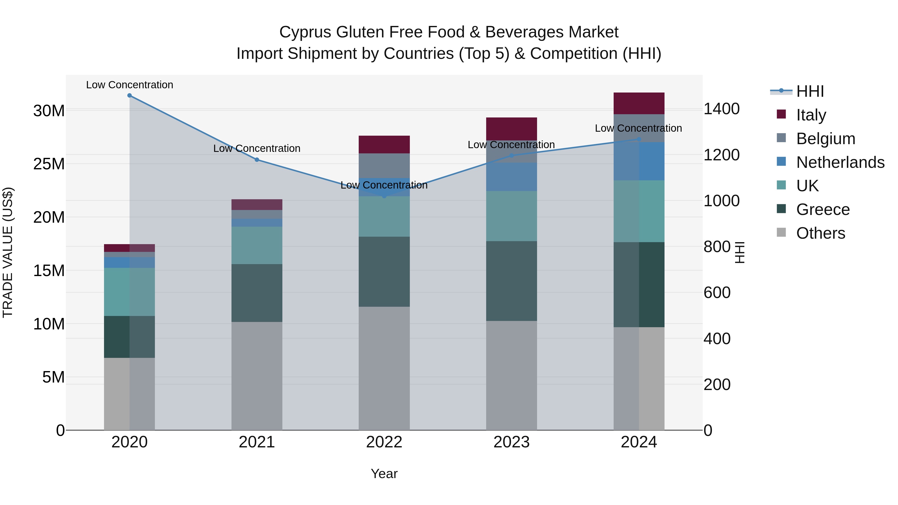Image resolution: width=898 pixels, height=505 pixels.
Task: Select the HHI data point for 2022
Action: tap(384, 196)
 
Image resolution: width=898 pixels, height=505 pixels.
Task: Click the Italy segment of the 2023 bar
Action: tap(511, 129)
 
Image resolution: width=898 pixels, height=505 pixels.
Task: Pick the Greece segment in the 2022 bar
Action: tap(384, 272)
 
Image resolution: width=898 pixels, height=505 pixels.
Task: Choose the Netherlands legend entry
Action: tap(840, 162)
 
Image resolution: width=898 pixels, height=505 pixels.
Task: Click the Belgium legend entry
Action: tap(825, 138)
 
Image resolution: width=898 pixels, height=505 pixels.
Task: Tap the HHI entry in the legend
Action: tap(810, 91)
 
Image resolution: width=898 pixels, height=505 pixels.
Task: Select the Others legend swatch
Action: tap(781, 232)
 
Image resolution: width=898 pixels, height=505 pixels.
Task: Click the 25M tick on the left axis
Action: tap(49, 164)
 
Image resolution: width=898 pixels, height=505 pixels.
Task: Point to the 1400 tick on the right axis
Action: tap(721, 109)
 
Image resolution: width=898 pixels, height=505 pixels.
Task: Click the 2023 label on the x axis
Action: tap(511, 442)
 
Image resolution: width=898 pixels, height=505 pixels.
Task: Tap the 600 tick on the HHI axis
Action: tap(717, 293)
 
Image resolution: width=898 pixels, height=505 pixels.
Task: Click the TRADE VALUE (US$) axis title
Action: tap(8, 252)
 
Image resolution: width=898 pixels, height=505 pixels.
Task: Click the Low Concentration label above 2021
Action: tap(257, 148)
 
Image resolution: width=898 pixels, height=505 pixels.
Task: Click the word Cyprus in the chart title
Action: tap(305, 32)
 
